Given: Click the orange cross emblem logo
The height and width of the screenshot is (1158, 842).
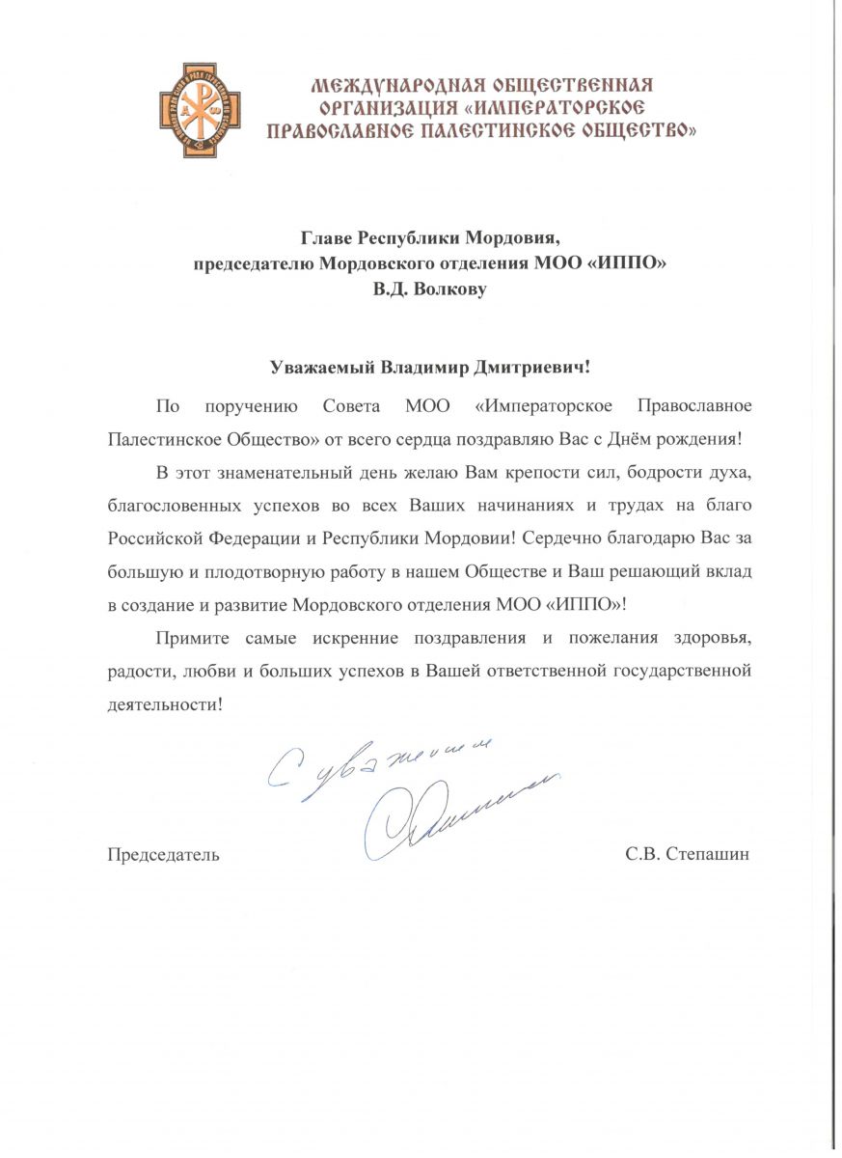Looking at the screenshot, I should (200, 110).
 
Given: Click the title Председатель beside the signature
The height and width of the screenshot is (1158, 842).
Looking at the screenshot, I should (162, 854).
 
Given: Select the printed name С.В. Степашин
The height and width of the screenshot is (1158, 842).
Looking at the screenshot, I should (687, 854).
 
